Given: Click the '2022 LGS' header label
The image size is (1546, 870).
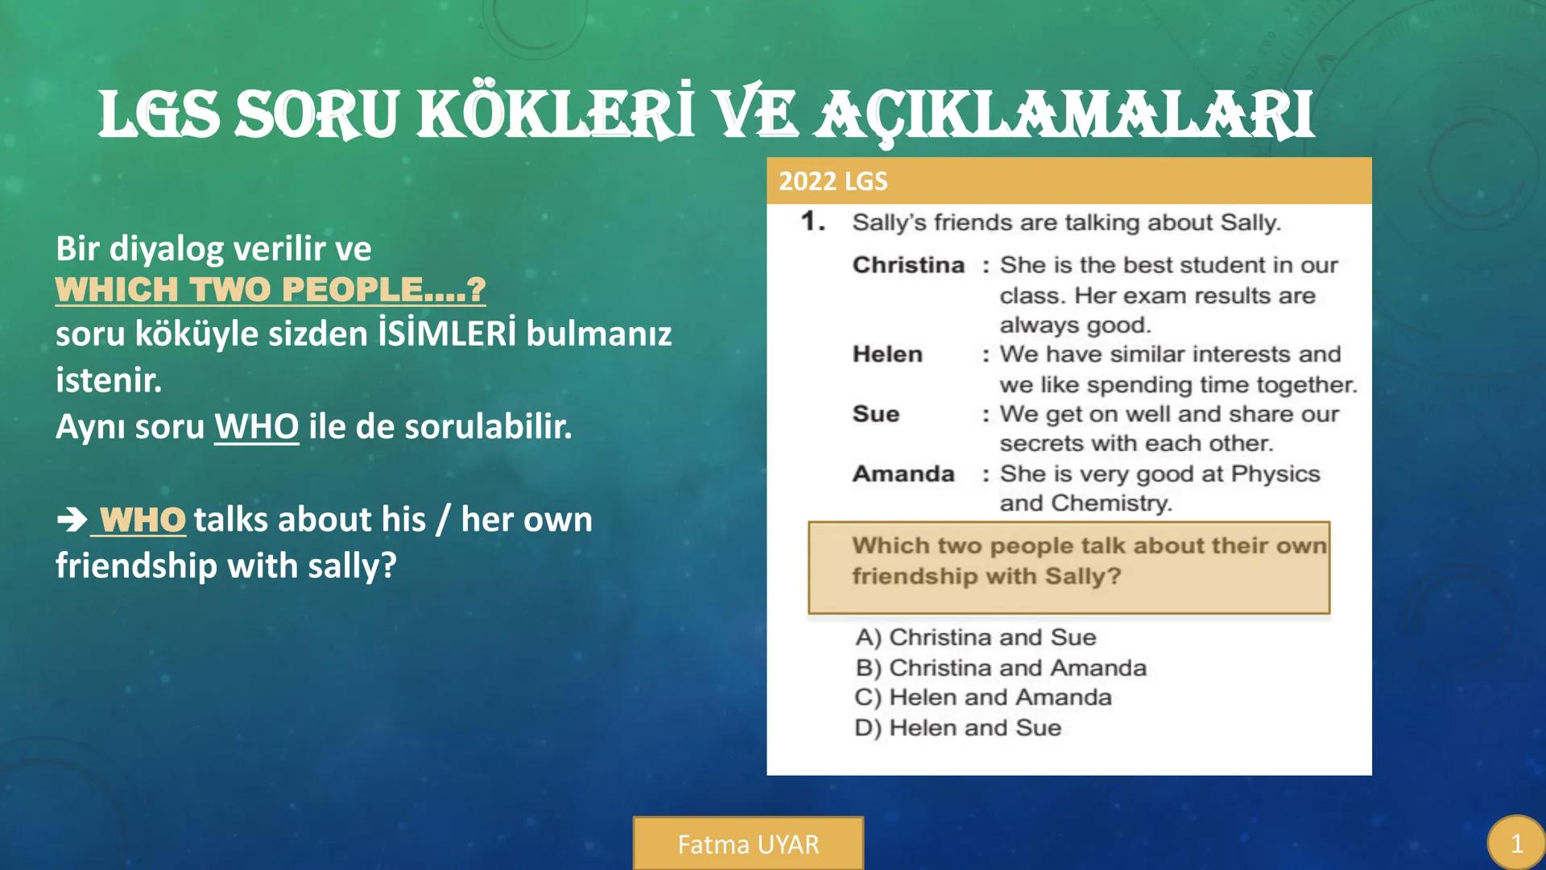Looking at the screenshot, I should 833,181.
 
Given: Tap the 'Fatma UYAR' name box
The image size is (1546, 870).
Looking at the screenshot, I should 748,843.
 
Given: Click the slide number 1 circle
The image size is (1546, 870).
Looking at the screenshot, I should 1516,843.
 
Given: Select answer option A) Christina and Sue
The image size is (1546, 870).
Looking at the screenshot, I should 975,637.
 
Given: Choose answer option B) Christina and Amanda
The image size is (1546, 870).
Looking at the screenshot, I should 1001,668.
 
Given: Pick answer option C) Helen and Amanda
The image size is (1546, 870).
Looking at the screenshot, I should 983,698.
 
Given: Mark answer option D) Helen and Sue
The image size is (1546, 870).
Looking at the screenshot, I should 958,727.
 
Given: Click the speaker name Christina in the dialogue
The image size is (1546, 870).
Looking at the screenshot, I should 908,265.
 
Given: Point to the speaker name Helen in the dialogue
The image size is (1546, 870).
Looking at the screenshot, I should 887,354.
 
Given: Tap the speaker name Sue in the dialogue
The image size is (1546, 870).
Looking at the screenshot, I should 875,414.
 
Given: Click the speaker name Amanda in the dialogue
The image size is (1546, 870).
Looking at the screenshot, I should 903,474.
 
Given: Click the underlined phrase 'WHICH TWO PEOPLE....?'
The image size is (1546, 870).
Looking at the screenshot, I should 271,290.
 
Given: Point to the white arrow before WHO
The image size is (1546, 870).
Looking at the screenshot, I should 72,520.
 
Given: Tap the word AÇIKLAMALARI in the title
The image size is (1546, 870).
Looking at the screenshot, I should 1064,114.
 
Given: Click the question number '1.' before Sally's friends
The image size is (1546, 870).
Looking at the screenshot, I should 813,222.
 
